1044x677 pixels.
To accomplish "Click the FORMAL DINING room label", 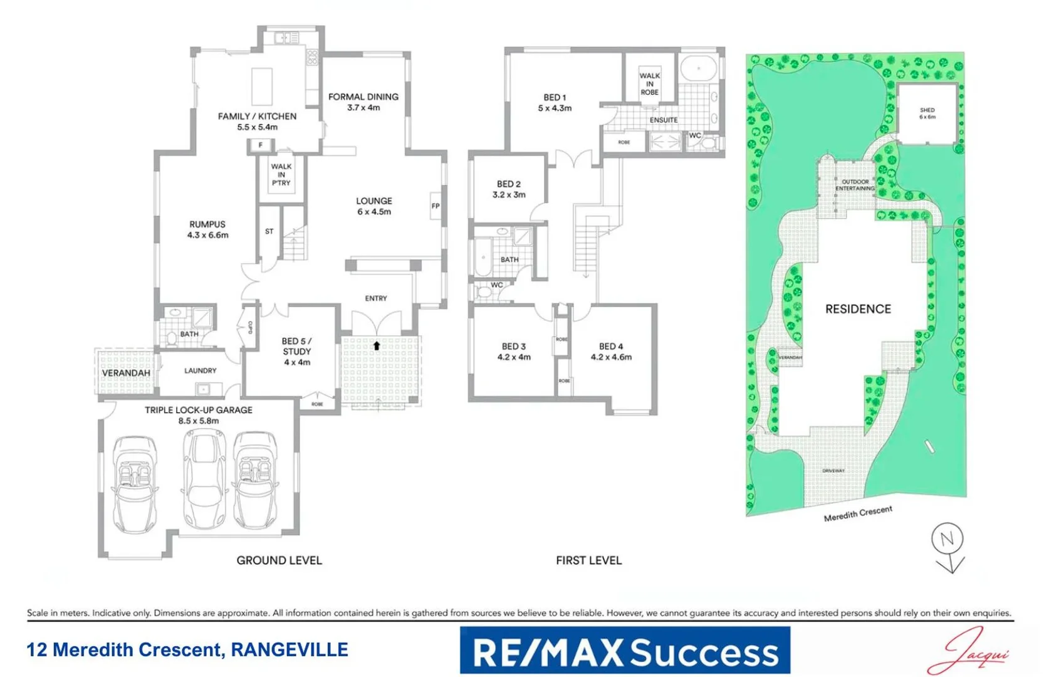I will pyautogui.click(x=363, y=97).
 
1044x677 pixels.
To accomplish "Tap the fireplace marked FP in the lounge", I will pyautogui.click(x=436, y=206).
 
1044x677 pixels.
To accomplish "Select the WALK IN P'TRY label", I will pyautogui.click(x=281, y=175).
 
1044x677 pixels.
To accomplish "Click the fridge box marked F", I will pyautogui.click(x=261, y=145).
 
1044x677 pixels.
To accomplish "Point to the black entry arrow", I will pyautogui.click(x=377, y=345).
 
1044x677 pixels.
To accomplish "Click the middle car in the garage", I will pyautogui.click(x=204, y=480).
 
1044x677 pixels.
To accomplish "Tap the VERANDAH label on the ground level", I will pyautogui.click(x=126, y=373).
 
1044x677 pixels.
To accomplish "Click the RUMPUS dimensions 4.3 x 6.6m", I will pyautogui.click(x=207, y=236).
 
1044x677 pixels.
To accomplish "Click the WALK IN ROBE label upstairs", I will pyautogui.click(x=649, y=84).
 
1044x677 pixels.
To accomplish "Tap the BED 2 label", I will pyautogui.click(x=509, y=184).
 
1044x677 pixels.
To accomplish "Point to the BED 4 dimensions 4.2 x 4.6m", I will pyautogui.click(x=611, y=357).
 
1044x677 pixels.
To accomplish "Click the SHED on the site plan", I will pyautogui.click(x=927, y=113).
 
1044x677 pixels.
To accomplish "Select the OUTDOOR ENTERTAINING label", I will pyautogui.click(x=855, y=185).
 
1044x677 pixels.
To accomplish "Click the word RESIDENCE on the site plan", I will pyautogui.click(x=858, y=309).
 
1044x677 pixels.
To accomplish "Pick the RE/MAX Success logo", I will pyautogui.click(x=625, y=651).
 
